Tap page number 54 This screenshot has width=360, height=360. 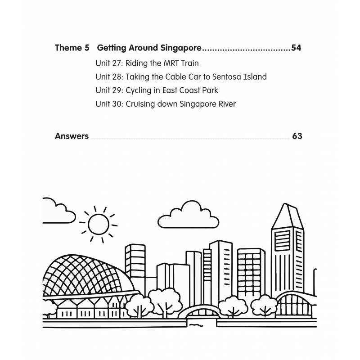(x=297, y=48)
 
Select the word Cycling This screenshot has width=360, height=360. (x=139, y=90)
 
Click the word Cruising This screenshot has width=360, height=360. (x=140, y=104)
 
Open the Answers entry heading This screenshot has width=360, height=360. (x=72, y=136)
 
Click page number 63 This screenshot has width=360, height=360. (x=297, y=136)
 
